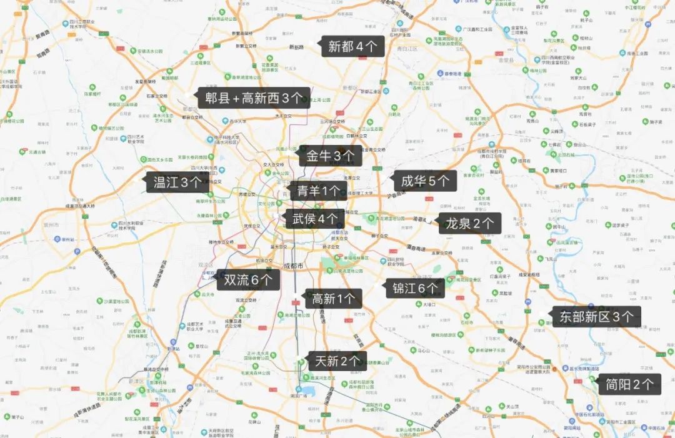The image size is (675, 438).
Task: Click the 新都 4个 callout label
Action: click(x=352, y=47)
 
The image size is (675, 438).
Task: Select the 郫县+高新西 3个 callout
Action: click(x=254, y=98)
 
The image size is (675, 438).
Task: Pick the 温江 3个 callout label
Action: click(x=177, y=182)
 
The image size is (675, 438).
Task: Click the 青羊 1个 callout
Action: click(x=318, y=191)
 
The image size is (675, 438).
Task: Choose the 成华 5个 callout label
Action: click(x=425, y=181)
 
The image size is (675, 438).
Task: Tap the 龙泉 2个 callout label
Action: click(x=469, y=223)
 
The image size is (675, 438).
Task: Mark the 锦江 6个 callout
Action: click(x=416, y=288)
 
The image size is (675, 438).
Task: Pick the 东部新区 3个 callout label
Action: click(x=596, y=317)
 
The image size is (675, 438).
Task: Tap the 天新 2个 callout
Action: click(x=337, y=361)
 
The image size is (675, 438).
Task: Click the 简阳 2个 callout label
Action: click(x=629, y=384)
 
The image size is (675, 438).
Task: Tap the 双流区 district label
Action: click(x=206, y=265)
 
